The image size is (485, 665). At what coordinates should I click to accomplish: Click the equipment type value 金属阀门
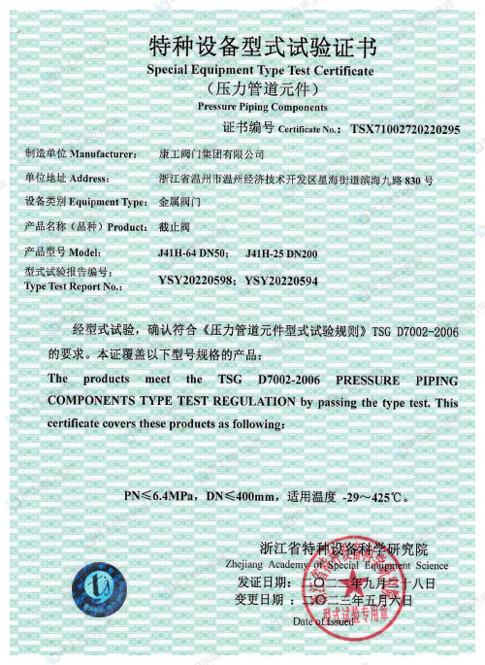pos(178,203)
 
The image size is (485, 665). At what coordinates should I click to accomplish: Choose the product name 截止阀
pos(173,227)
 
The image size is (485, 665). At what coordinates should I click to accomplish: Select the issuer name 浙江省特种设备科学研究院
pos(343,548)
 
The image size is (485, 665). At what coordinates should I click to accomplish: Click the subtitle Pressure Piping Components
pos(262,107)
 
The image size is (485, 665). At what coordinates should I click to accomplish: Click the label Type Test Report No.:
pos(72,287)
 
